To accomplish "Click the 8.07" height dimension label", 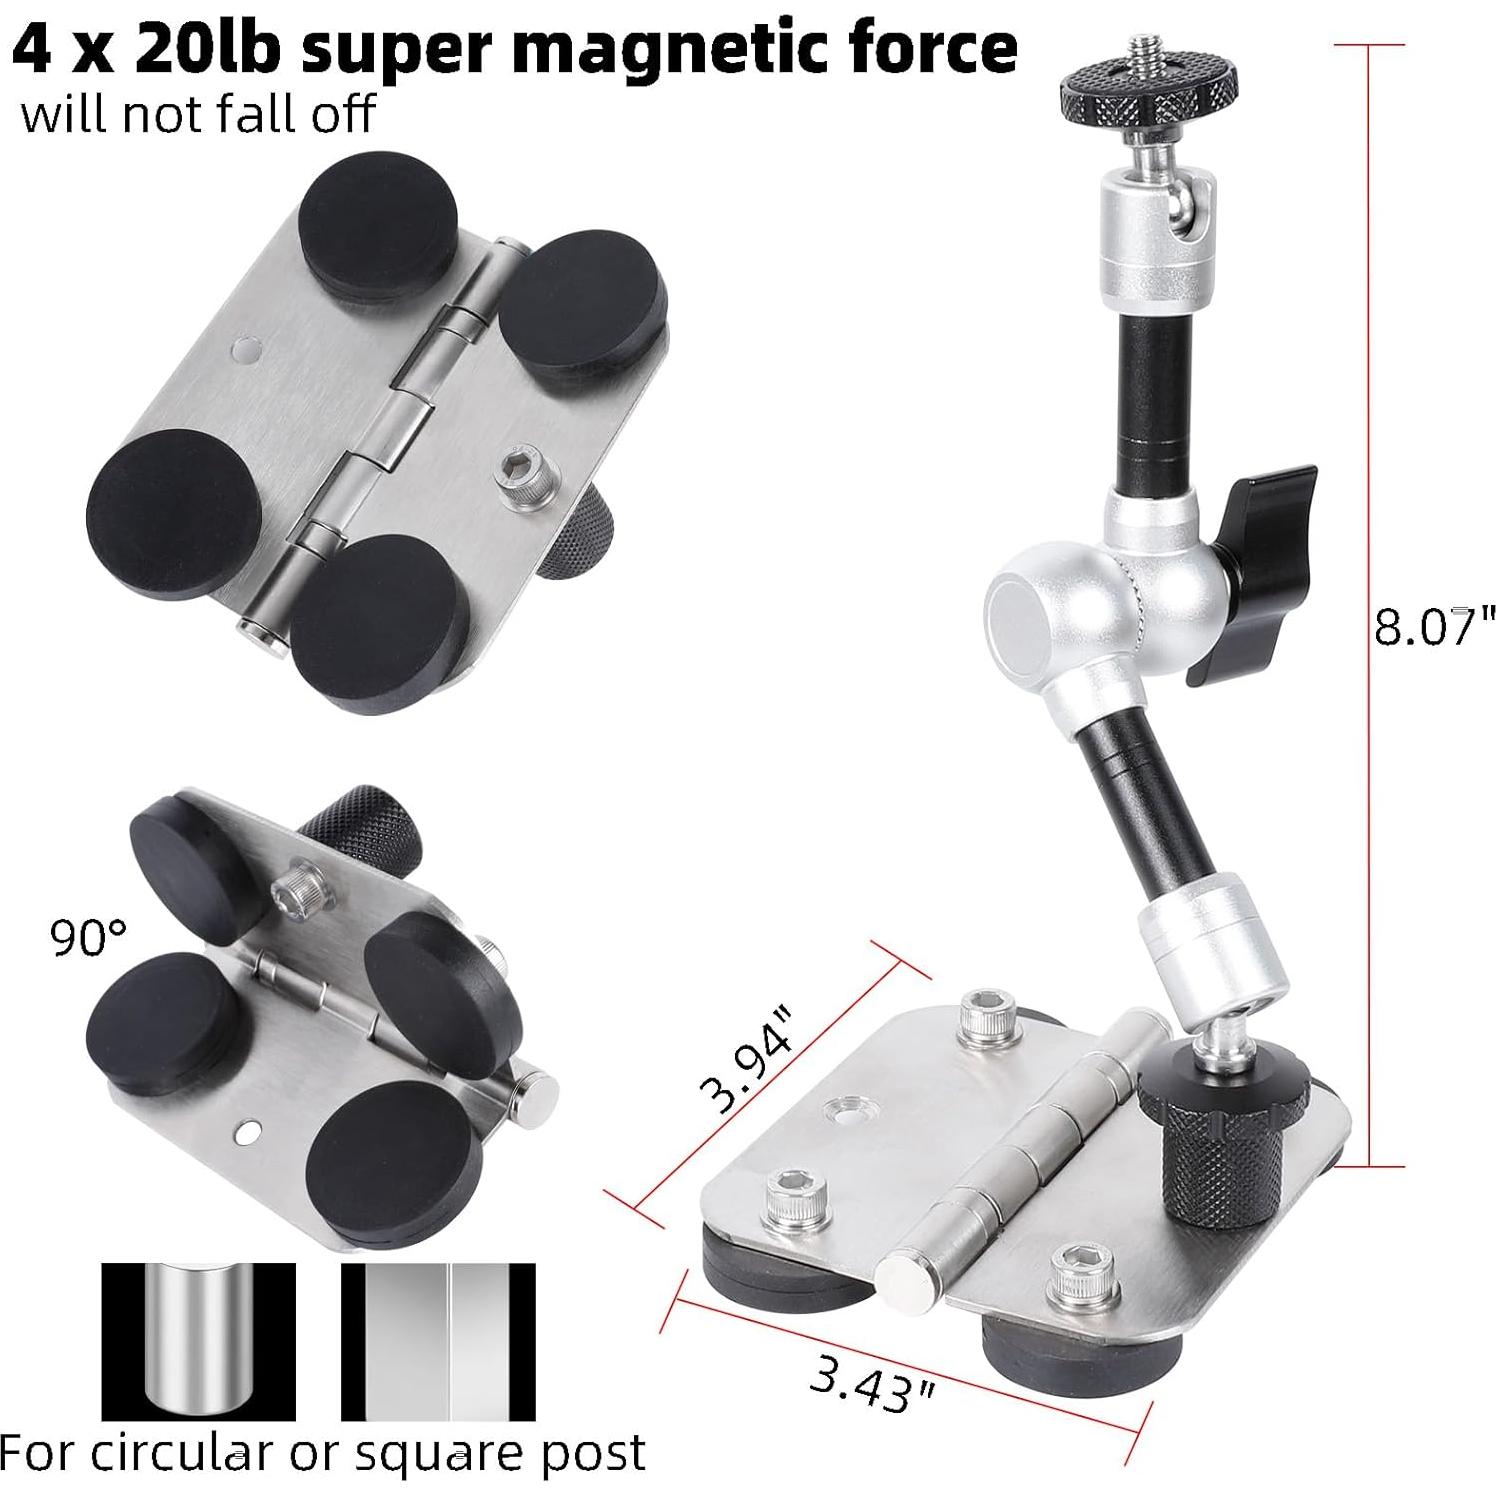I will pyautogui.click(x=1433, y=627).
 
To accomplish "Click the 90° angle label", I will pyautogui.click(x=88, y=938).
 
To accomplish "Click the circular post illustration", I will pyautogui.click(x=198, y=1341).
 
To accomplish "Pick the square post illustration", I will pyautogui.click(x=439, y=1341).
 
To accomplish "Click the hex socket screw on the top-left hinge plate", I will pyautogui.click(x=516, y=468).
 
